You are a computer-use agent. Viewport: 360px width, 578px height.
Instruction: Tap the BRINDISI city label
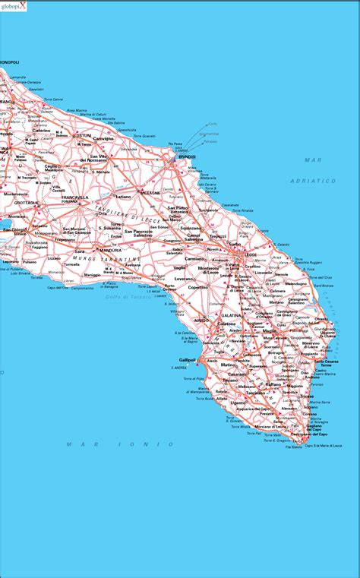click(x=187, y=156)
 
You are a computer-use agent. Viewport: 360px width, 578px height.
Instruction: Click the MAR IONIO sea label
click(x=90, y=444)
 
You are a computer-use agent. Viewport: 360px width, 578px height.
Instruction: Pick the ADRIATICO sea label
click(x=312, y=181)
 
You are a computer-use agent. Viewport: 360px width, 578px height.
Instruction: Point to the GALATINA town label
click(x=226, y=324)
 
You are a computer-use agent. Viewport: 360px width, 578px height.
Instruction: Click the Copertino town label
click(x=198, y=288)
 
